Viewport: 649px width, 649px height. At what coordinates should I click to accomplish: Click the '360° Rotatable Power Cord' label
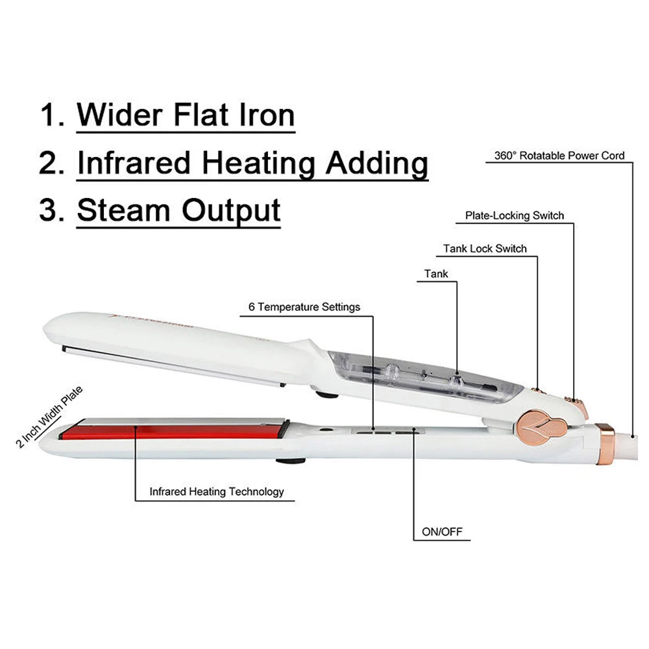coord(559,156)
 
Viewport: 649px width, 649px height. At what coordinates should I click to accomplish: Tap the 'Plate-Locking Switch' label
coord(515,215)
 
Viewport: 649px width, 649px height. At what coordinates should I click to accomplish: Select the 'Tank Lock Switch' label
coord(485,249)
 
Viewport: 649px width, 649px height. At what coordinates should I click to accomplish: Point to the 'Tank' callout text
coord(436,274)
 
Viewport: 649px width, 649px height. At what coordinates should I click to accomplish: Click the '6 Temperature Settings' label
coord(304,307)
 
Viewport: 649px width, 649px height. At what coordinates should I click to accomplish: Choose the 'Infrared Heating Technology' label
coord(217,491)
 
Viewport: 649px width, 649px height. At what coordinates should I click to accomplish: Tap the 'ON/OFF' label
coord(442,532)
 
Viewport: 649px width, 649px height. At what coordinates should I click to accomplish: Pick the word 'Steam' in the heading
coord(123,211)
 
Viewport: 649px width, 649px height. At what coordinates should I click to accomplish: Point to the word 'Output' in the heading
coord(231,211)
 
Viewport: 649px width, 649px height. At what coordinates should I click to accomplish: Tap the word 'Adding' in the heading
coord(376,163)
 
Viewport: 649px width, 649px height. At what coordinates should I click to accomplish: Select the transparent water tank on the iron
coord(422,376)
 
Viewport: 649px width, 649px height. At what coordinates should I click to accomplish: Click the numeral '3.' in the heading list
coord(51,211)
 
